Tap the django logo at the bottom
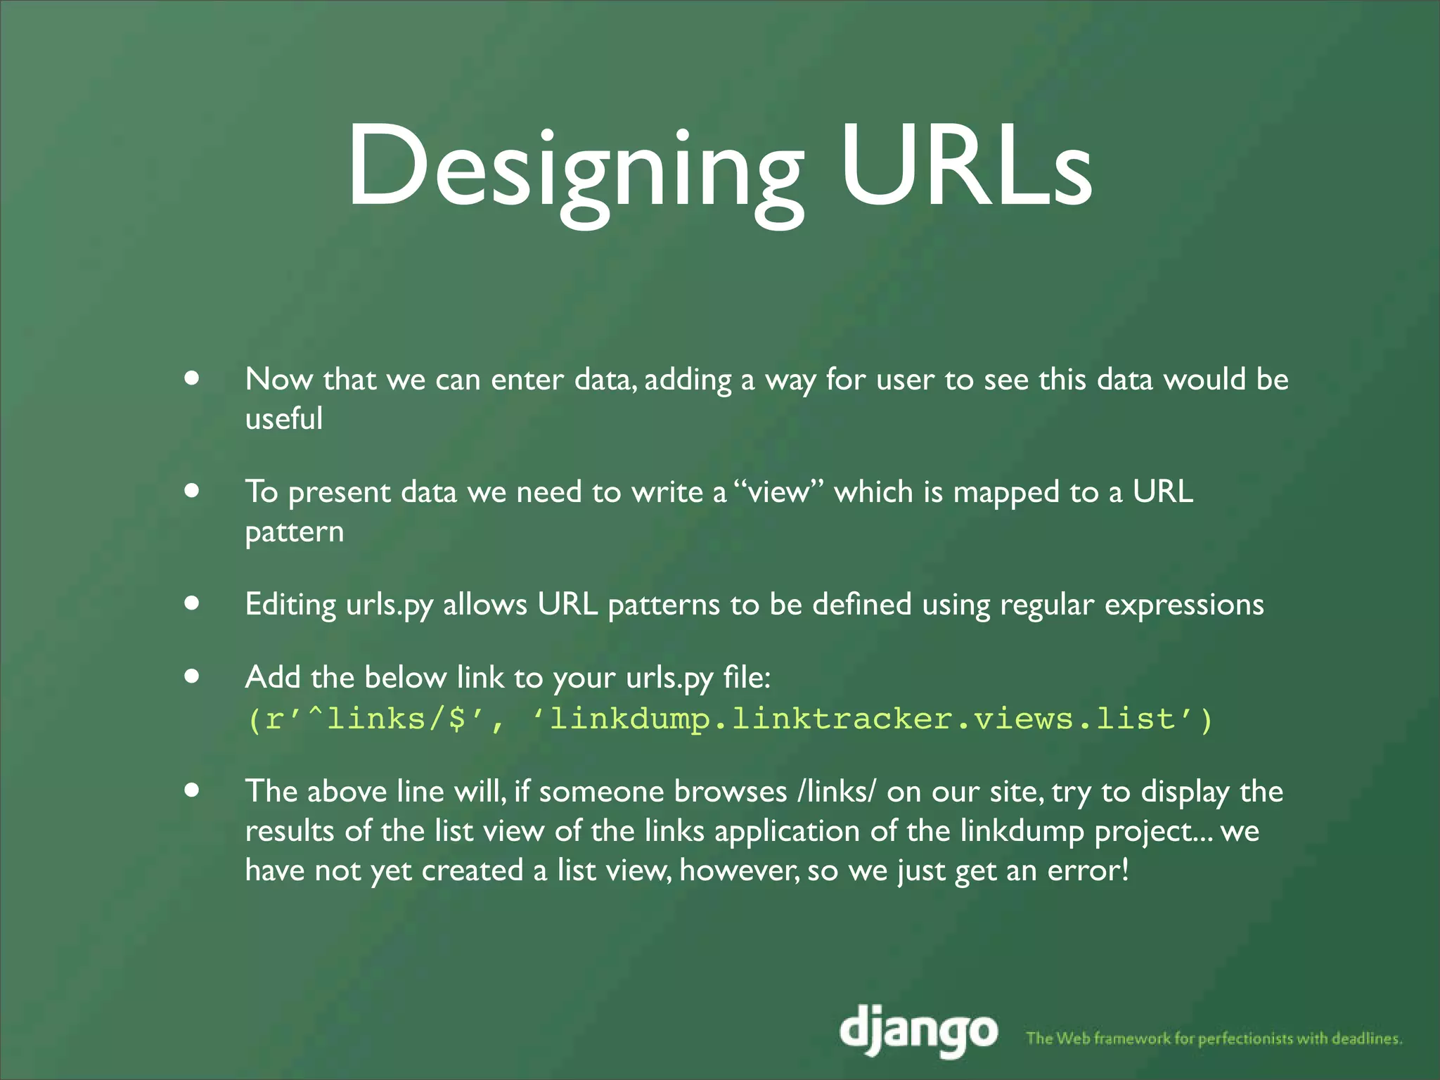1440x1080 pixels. [x=918, y=1029]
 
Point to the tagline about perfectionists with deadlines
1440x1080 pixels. [x=1214, y=1038]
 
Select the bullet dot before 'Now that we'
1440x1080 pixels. [x=191, y=378]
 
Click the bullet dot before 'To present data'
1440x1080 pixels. [x=191, y=490]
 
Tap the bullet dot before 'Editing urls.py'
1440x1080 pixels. [x=191, y=603]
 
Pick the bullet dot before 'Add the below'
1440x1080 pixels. [x=191, y=676]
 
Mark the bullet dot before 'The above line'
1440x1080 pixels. [x=191, y=790]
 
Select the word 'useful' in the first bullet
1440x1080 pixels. [x=284, y=418]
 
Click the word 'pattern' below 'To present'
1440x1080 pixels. [x=295, y=532]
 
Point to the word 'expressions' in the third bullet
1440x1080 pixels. [x=1184, y=605]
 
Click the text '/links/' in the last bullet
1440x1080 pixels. [x=837, y=792]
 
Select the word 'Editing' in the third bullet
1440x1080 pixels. [x=290, y=605]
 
